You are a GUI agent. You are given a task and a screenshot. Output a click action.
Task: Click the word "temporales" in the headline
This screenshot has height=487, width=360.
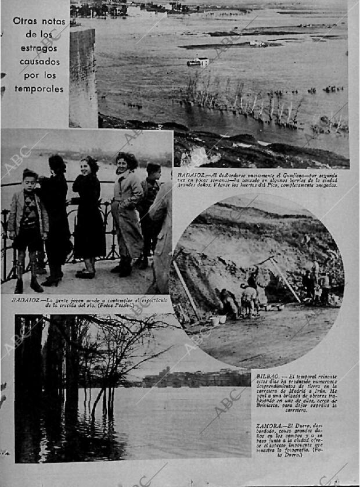(38, 89)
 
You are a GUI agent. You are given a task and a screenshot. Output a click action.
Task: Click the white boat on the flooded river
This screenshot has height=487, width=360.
(199, 61)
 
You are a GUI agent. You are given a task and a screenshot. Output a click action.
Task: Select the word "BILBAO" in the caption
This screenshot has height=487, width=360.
(269, 377)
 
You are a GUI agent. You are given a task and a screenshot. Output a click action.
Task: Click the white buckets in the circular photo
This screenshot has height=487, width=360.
(218, 320)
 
